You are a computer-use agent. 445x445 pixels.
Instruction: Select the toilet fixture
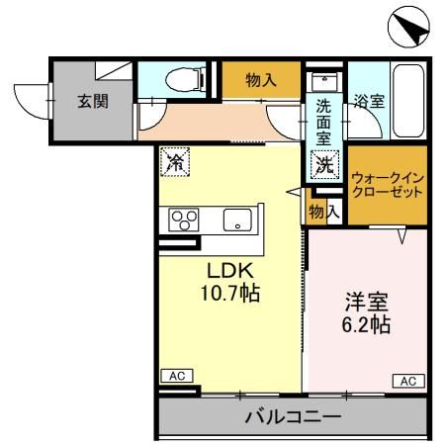[x=179, y=77]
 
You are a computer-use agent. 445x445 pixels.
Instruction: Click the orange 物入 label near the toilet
[x=260, y=80]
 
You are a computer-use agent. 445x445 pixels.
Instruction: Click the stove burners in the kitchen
[x=185, y=219]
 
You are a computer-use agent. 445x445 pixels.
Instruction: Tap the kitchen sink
[x=237, y=220]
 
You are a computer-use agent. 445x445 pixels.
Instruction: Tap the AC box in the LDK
[x=176, y=376]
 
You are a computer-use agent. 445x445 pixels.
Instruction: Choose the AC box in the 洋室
[x=407, y=380]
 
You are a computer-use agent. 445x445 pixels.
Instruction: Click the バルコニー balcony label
[x=293, y=416]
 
